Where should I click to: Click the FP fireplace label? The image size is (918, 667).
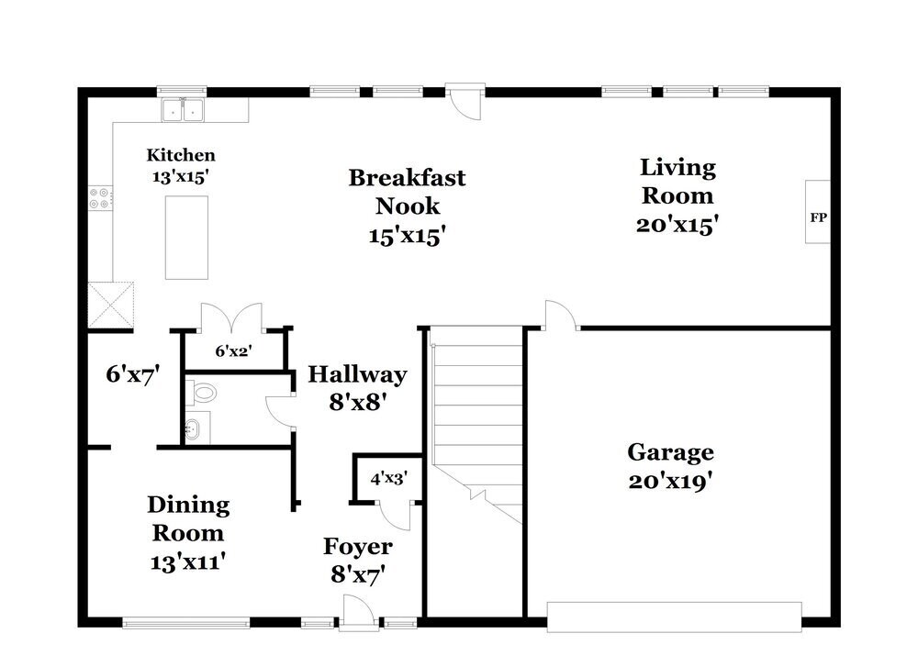point(818,217)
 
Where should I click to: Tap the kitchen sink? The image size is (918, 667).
point(184,110)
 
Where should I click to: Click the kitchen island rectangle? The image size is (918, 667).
point(186,238)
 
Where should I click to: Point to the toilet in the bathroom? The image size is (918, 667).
point(201,393)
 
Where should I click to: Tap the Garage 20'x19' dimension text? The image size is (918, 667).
point(670,482)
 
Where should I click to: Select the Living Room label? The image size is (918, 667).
point(677,182)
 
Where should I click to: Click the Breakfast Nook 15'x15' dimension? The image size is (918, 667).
point(408,237)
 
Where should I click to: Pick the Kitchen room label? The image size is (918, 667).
point(181,155)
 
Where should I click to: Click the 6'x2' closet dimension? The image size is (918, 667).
point(233,351)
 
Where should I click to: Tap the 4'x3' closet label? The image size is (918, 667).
point(388,479)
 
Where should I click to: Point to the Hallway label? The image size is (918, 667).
point(358,374)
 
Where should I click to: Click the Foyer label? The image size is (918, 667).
point(358,547)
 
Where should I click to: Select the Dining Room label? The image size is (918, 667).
point(188,519)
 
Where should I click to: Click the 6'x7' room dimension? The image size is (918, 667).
point(133,374)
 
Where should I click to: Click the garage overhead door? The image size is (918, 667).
point(674,617)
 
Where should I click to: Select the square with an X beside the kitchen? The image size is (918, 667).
point(111,305)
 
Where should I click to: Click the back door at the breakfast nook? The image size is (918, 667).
point(465,103)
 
